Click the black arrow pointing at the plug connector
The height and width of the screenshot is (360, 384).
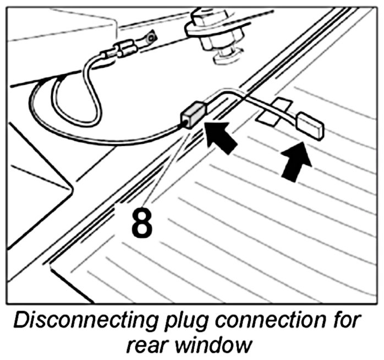coord(223,137)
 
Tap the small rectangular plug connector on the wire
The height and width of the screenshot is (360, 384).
coord(193,114)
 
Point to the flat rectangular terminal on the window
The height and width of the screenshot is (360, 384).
coord(311,125)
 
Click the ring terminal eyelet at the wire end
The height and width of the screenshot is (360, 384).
coord(148,39)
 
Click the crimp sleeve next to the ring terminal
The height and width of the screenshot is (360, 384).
coord(124,51)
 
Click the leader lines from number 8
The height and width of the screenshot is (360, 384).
coord(168,165)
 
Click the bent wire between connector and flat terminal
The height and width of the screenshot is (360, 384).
coord(237,98)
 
